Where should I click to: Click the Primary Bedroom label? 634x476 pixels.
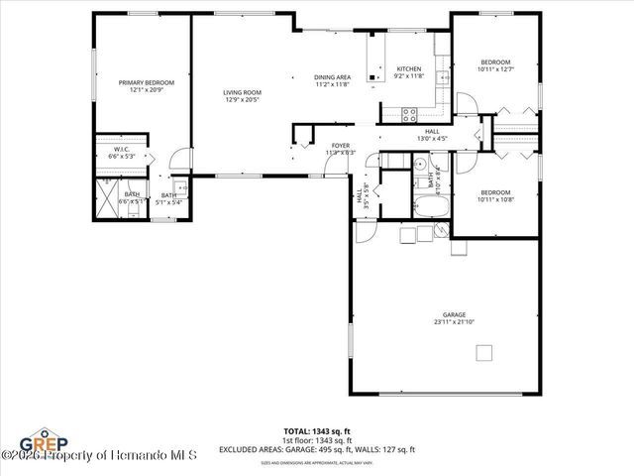pyautogui.click(x=147, y=82)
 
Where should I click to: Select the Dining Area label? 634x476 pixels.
pyautogui.click(x=332, y=76)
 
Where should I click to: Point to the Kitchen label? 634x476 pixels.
pyautogui.click(x=408, y=69)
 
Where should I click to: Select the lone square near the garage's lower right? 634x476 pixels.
pyautogui.click(x=484, y=353)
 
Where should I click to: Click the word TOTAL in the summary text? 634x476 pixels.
pyautogui.click(x=297, y=431)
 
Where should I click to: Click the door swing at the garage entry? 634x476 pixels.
pyautogui.click(x=365, y=231)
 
